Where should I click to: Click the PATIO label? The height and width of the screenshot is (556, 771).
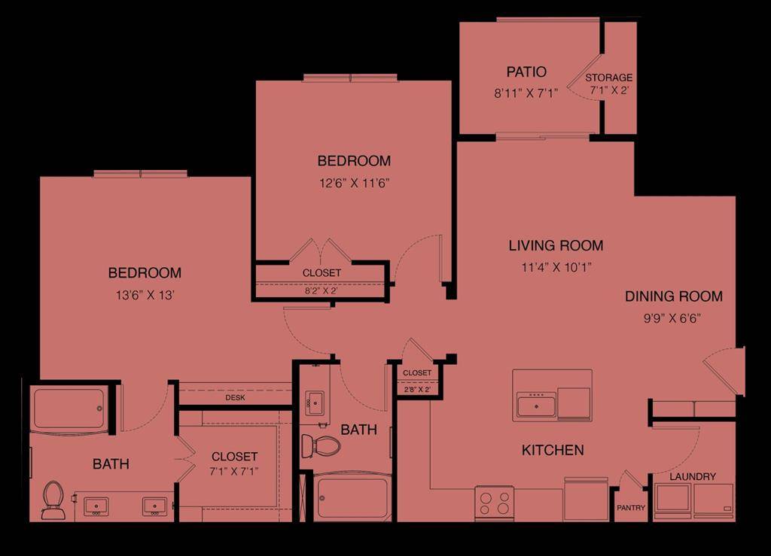pyautogui.click(x=526, y=72)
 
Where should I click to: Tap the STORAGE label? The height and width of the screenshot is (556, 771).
pyautogui.click(x=609, y=77)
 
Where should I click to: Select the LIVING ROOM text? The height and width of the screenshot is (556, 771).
pyautogui.click(x=556, y=245)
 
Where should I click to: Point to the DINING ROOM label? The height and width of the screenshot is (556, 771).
pyautogui.click(x=674, y=296)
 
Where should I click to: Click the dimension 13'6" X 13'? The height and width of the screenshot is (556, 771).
pyautogui.click(x=145, y=295)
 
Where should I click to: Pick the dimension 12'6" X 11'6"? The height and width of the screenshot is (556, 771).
pyautogui.click(x=354, y=183)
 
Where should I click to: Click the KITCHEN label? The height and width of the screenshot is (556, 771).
pyautogui.click(x=553, y=450)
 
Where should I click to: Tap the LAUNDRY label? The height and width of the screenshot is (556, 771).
pyautogui.click(x=692, y=476)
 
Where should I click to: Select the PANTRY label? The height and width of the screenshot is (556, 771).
pyautogui.click(x=631, y=508)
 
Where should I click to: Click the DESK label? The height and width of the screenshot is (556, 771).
pyautogui.click(x=235, y=398)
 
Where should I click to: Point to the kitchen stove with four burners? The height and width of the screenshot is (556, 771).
pyautogui.click(x=494, y=503)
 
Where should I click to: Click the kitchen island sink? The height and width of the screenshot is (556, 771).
pyautogui.click(x=536, y=405)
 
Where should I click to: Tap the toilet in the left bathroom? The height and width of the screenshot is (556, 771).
pyautogui.click(x=53, y=500)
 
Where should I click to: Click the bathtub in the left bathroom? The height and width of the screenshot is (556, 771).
pyautogui.click(x=69, y=409)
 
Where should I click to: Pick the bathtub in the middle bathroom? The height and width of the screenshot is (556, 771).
pyautogui.click(x=352, y=498)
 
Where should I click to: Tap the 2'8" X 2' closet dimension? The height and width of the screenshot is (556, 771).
pyautogui.click(x=417, y=390)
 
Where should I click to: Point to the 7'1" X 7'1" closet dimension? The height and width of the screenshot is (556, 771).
pyautogui.click(x=234, y=472)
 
